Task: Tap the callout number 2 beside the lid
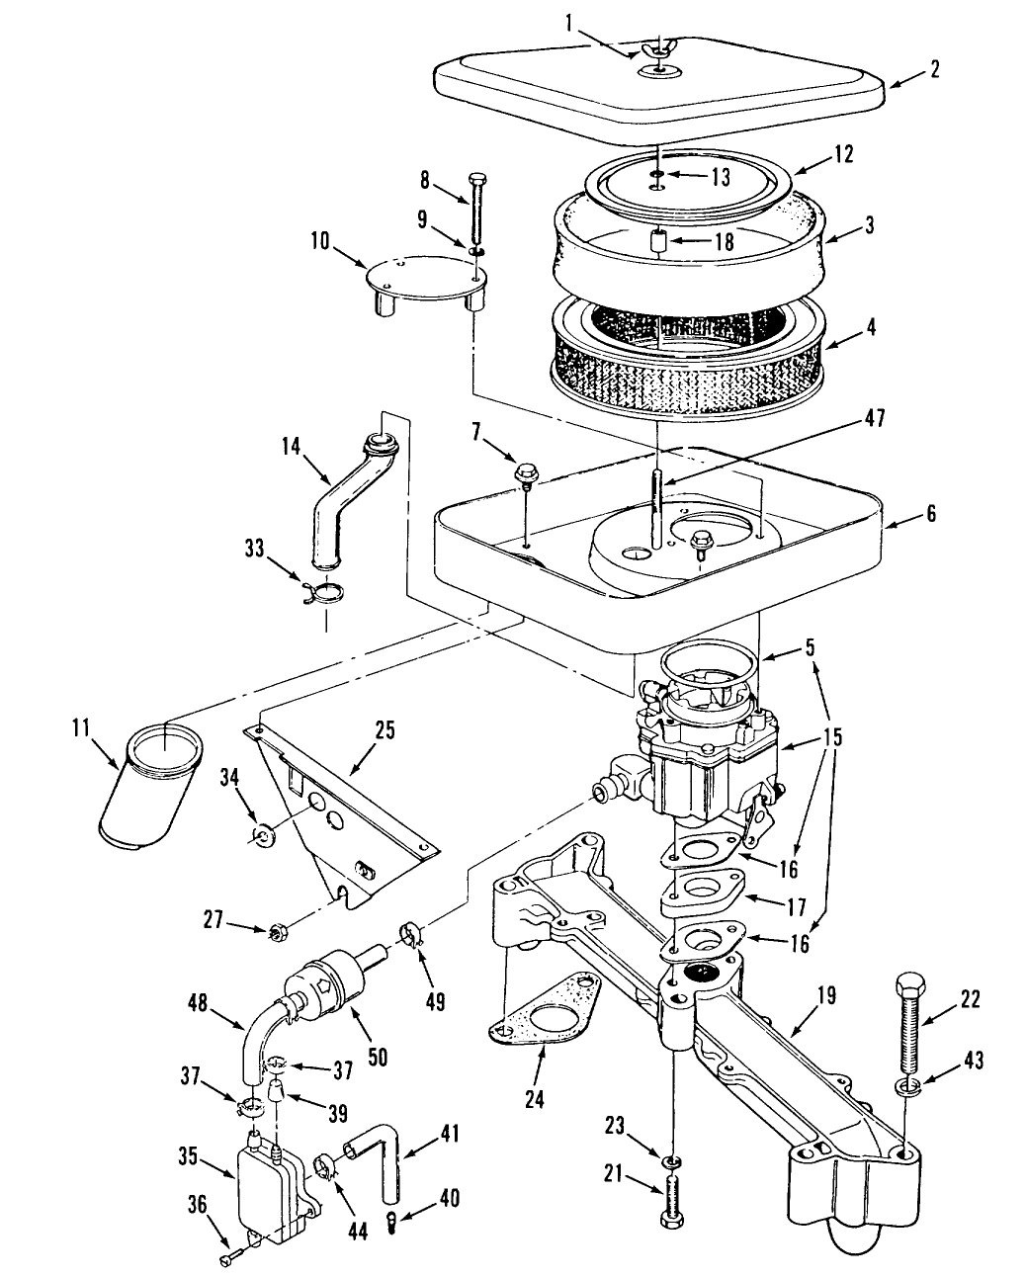(x=934, y=69)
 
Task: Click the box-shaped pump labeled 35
(x=269, y=1193)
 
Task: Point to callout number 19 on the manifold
(x=826, y=994)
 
